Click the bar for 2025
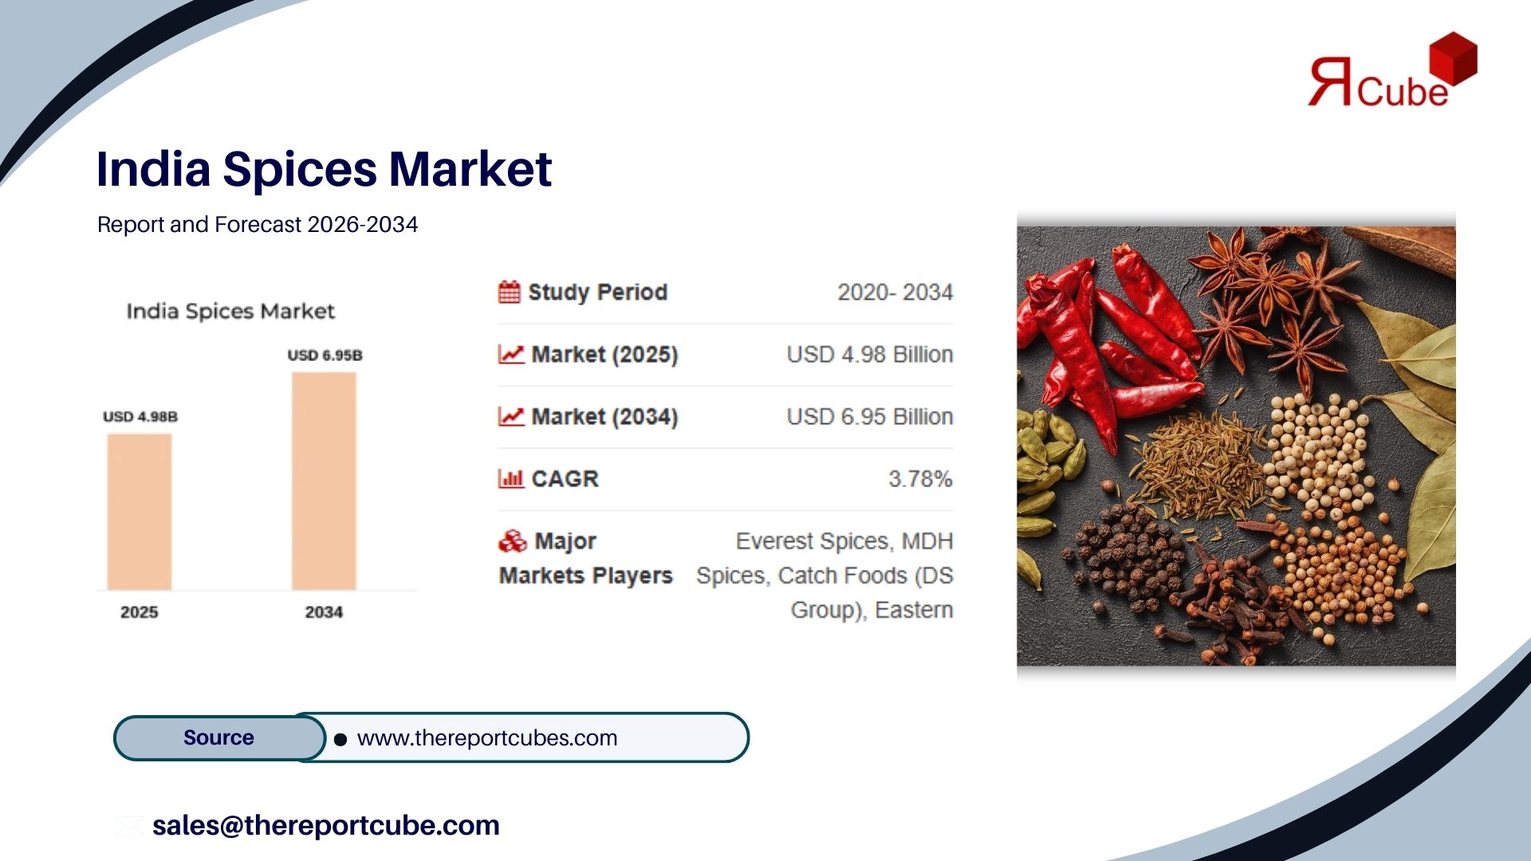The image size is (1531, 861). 140,512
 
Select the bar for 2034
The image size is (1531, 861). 324,481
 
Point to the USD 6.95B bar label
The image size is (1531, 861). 325,355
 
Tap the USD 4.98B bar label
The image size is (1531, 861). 140,416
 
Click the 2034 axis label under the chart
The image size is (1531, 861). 324,612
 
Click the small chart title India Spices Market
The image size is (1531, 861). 230,311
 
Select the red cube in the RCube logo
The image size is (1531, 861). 1453,58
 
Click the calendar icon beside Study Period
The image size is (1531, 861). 510,292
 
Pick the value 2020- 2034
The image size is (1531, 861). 895,293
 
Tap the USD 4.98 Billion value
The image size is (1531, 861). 870,354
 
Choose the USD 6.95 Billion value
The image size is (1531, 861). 870,416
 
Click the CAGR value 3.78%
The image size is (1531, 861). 920,478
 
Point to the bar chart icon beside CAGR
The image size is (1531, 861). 510,478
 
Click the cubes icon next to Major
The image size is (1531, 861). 513,541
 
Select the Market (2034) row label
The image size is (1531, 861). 604,417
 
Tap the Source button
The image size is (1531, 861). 219,737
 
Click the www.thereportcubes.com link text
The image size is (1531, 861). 487,738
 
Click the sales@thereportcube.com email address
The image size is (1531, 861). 326,825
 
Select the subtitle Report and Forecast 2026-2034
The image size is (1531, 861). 258,225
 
